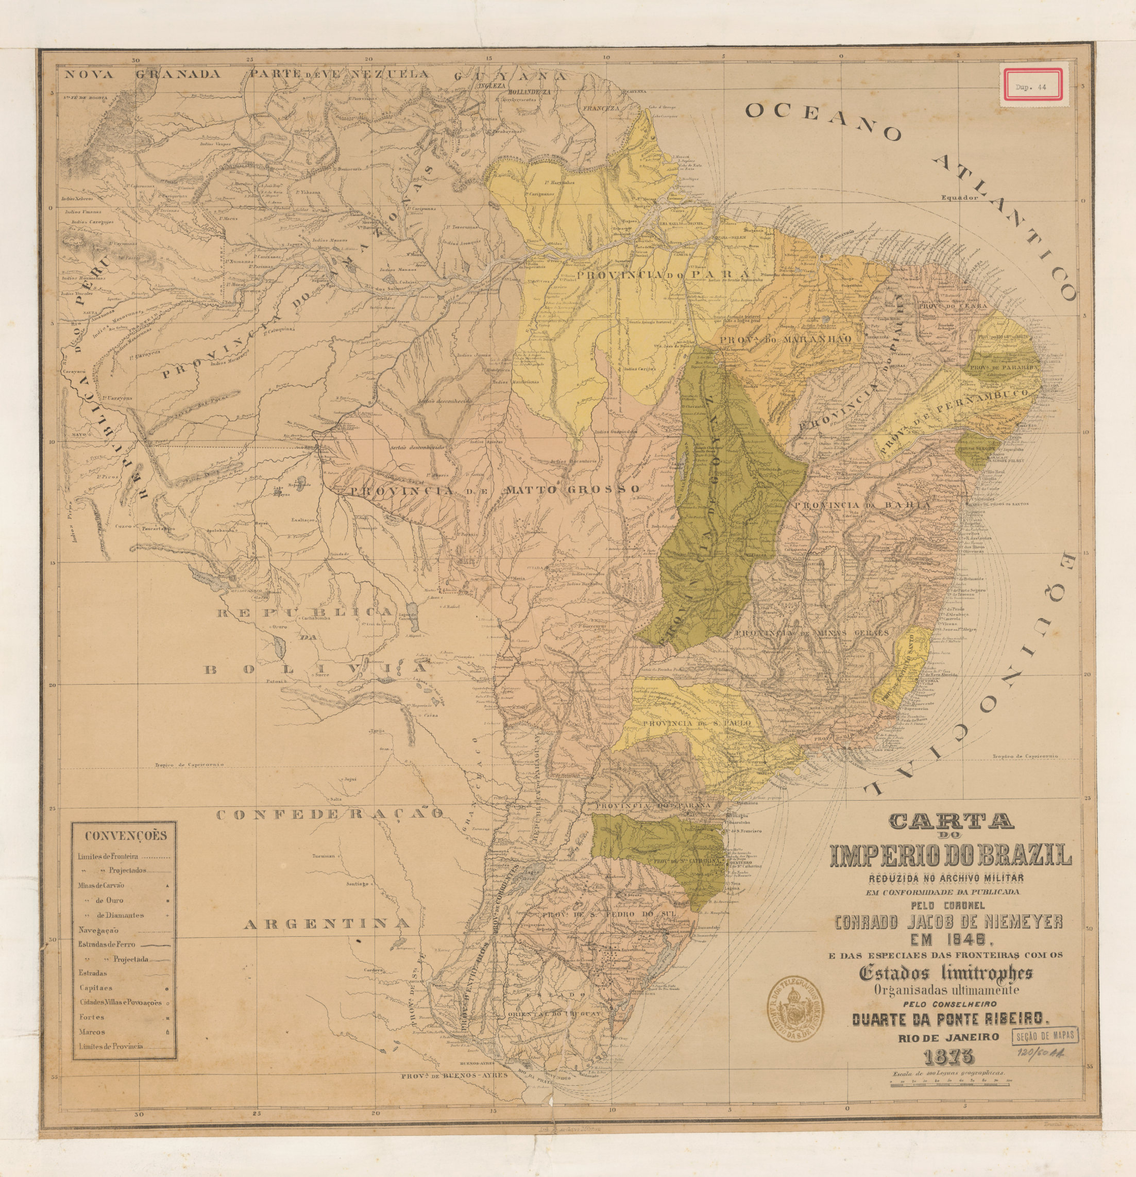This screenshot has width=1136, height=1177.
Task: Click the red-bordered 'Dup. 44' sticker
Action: coord(1030,87)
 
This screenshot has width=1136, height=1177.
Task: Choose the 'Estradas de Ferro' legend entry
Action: coord(106,944)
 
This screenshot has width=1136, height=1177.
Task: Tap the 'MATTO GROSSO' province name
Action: coord(572,489)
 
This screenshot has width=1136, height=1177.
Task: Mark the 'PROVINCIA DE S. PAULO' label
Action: coord(696,724)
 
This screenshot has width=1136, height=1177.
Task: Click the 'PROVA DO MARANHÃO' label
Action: coord(785,340)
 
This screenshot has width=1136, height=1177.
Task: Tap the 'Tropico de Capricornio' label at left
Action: coord(189,765)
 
